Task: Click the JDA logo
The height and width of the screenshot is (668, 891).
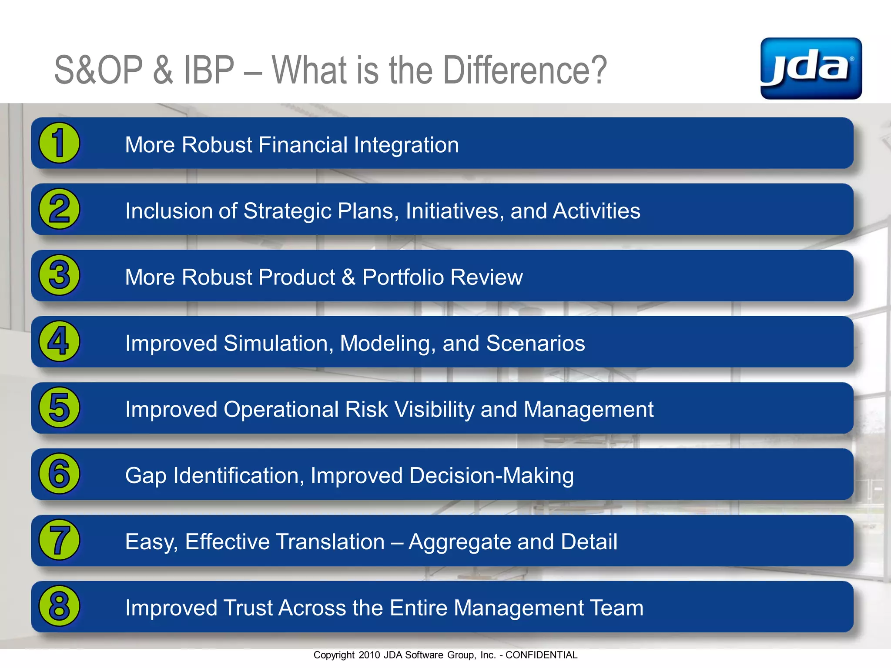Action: (811, 68)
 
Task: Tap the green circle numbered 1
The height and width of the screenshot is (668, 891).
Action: (59, 143)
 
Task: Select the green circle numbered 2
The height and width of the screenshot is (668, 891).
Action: (59, 209)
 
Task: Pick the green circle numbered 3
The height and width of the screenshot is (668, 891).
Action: (59, 275)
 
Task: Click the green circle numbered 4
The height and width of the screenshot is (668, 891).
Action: (59, 341)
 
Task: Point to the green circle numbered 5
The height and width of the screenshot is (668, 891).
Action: (59, 407)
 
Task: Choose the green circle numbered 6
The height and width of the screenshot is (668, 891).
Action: (59, 474)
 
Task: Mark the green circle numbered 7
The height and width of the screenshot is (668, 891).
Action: (59, 540)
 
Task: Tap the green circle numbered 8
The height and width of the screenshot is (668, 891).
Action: (59, 606)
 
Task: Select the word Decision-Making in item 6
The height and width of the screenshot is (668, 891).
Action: (491, 475)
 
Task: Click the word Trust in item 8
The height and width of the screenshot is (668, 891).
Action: (248, 608)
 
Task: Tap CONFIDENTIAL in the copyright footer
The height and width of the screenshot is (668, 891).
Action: (541, 655)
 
